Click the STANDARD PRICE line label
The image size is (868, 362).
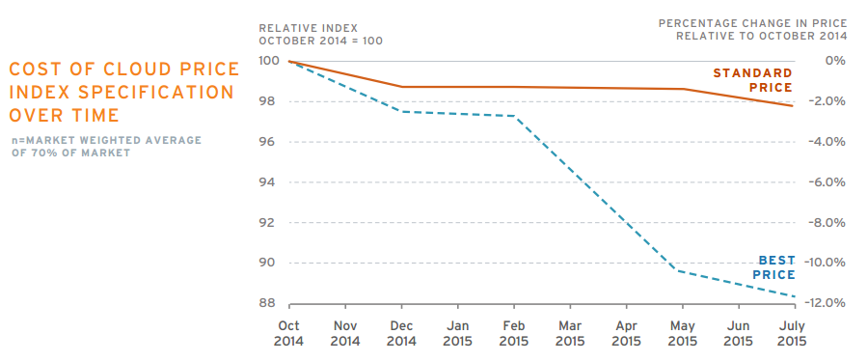pyautogui.click(x=752, y=80)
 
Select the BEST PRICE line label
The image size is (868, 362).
pyautogui.click(x=773, y=267)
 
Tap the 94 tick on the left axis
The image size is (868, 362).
pyautogui.click(x=268, y=182)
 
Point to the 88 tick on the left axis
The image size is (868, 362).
pyautogui.click(x=268, y=303)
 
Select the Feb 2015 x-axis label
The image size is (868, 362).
pyautogui.click(x=514, y=333)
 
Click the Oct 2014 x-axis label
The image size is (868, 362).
pyautogui.click(x=289, y=333)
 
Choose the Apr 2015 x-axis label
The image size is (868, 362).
pyautogui.click(x=627, y=333)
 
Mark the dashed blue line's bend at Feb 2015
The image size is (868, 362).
pyautogui.click(x=514, y=116)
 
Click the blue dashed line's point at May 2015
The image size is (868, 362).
pyautogui.click(x=683, y=271)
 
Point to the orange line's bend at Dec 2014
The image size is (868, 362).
pyautogui.click(x=402, y=87)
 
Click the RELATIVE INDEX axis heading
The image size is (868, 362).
pyautogui.click(x=309, y=27)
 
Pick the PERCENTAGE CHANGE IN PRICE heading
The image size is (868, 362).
pyautogui.click(x=753, y=23)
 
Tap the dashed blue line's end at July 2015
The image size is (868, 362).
pyautogui.click(x=795, y=296)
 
